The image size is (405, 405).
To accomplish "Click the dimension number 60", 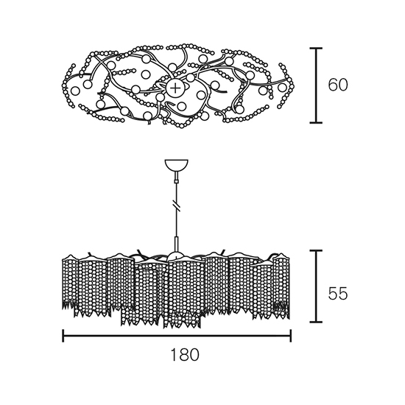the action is [338, 85].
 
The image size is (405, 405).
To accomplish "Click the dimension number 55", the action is [338, 294].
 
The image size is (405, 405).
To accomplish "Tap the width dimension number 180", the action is [185, 355].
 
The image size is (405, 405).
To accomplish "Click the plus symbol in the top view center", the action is [175, 88].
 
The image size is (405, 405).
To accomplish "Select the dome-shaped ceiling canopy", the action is [177, 165].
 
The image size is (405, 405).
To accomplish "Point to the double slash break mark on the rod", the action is [177, 205].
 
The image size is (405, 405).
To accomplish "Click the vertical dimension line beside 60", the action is [316, 85].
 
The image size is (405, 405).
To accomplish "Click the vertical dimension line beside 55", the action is [316, 286].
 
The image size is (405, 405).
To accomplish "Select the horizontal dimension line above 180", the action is [177, 336].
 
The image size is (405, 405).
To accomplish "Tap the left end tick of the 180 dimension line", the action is [63, 336].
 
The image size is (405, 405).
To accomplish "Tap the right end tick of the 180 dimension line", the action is [291, 336].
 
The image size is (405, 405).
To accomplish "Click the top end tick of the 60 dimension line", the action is [316, 48].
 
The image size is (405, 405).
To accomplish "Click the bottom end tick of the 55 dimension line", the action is [316, 322].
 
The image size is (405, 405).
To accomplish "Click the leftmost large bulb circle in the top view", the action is [75, 91].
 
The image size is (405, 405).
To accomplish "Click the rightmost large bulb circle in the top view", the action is [282, 88].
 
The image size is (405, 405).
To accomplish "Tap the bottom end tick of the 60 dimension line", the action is [316, 123].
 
